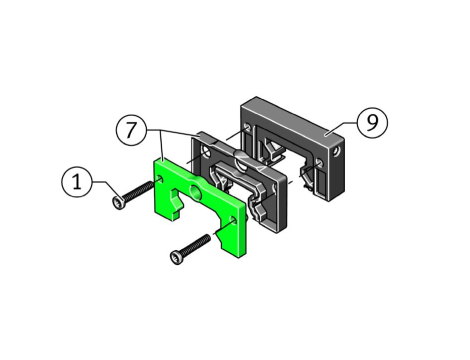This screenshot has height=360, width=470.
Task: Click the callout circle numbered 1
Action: click(x=77, y=182)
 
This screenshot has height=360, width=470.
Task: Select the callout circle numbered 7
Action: click(x=131, y=130)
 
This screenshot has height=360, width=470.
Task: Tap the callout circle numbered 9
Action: click(x=372, y=122)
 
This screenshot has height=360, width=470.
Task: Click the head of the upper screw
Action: click(x=118, y=202)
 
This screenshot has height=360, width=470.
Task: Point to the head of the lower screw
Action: click(x=176, y=257)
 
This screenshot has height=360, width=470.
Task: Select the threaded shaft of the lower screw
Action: click(x=196, y=244)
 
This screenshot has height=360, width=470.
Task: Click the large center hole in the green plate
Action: click(x=195, y=191)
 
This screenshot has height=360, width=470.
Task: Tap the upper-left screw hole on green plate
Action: click(x=160, y=179)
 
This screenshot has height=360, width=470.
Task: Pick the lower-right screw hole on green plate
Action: click(x=233, y=220)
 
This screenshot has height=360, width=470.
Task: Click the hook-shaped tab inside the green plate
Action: click(x=176, y=202)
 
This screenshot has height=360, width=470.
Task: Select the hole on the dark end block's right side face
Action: click(x=337, y=152)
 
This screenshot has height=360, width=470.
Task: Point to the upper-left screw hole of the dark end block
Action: click(x=247, y=127)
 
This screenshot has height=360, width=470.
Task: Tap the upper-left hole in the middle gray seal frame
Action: click(x=207, y=153)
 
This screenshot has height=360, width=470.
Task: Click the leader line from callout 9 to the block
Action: click(x=341, y=128)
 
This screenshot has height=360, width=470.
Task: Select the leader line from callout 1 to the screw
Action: click(x=106, y=189)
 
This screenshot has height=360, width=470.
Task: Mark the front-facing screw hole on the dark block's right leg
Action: click(x=319, y=163)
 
